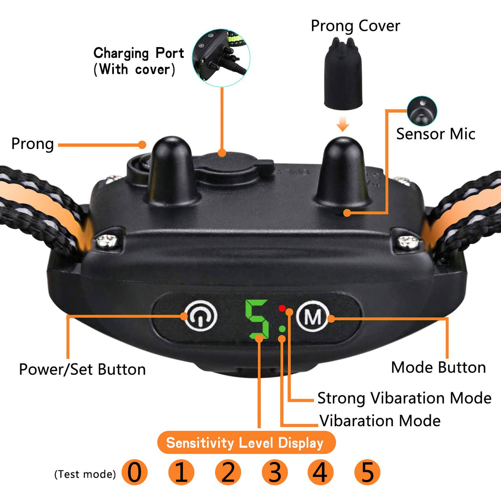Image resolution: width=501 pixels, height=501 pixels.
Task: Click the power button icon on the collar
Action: [201, 316]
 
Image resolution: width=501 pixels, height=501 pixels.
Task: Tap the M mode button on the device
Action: [313, 316]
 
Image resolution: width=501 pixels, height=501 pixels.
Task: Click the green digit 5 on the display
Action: [257, 319]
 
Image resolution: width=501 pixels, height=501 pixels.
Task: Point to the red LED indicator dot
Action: [282, 308]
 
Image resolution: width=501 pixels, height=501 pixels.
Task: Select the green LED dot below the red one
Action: [282, 329]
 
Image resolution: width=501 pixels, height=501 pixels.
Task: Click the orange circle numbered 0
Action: [135, 472]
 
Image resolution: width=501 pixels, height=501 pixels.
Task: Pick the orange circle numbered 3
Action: [274, 472]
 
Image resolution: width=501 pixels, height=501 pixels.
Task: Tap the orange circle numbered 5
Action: [367, 472]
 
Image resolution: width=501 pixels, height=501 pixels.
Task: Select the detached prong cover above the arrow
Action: [343, 73]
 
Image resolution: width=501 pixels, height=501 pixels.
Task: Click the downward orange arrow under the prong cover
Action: [343, 123]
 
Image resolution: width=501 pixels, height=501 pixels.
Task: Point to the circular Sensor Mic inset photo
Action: [422, 111]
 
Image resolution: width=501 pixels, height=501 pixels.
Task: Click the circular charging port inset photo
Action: [221, 58]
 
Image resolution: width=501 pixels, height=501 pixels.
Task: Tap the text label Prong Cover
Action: [355, 26]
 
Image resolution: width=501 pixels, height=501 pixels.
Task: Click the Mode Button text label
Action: [438, 368]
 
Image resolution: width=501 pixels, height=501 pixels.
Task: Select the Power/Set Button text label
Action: [82, 369]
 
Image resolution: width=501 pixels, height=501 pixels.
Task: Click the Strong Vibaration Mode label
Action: [404, 398]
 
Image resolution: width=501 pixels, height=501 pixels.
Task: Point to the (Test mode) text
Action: [85, 474]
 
